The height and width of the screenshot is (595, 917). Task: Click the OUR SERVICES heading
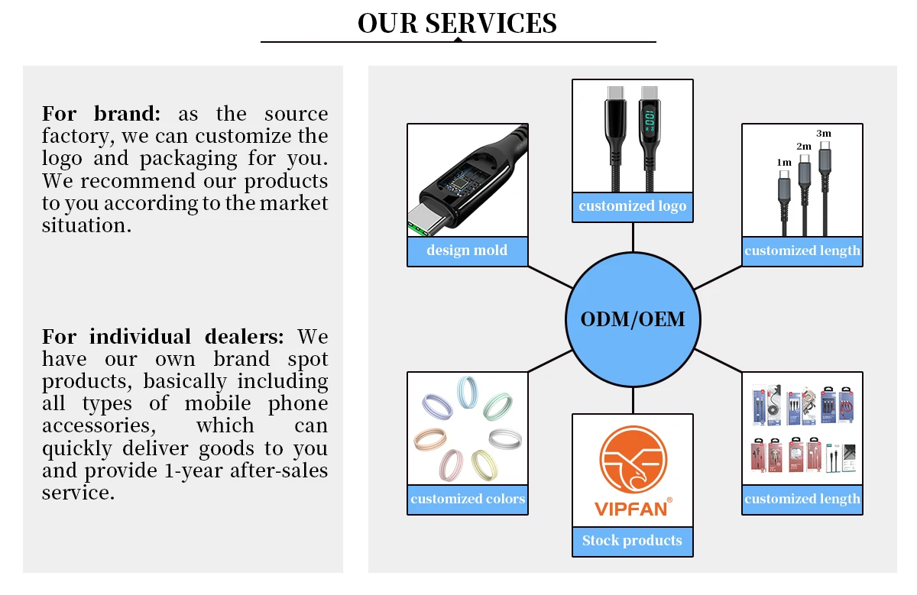click(457, 23)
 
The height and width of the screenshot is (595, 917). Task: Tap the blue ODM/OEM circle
click(633, 319)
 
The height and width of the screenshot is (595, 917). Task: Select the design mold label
click(467, 251)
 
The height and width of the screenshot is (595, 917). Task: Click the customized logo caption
click(633, 206)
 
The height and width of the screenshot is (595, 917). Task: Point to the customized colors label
click(468, 500)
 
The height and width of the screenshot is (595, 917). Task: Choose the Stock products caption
click(633, 541)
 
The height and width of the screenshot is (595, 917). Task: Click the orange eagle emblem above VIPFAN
click(633, 460)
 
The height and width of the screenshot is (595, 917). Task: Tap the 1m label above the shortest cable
click(784, 163)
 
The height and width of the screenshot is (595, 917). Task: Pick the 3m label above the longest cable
click(824, 133)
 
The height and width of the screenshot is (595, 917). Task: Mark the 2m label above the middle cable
click(804, 146)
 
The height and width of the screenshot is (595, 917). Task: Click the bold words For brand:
click(101, 115)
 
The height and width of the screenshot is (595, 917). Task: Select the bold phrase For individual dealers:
click(163, 337)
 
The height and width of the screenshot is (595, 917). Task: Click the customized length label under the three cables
click(802, 251)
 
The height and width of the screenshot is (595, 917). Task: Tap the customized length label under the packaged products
click(802, 500)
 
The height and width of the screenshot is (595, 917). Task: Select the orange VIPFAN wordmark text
click(631, 508)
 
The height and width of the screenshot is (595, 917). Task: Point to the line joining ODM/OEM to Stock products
click(633, 399)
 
